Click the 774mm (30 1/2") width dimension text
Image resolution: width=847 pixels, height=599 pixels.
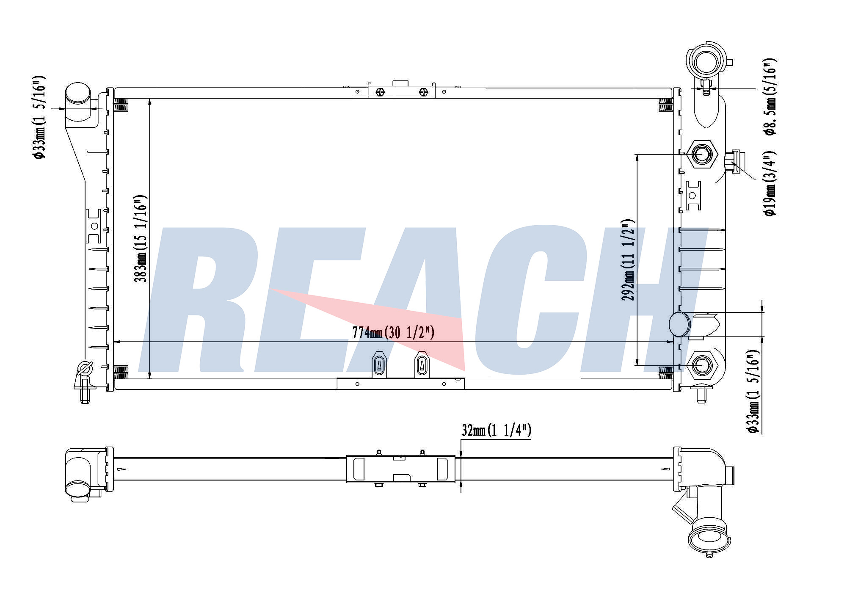click(x=393, y=333)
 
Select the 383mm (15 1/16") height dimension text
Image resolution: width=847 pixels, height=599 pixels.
click(x=141, y=239)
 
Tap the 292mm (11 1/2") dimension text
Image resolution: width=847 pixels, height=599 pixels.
click(x=628, y=260)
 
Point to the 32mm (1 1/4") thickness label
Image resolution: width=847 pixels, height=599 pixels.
click(x=496, y=431)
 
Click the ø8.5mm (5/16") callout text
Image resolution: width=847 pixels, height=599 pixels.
click(x=770, y=97)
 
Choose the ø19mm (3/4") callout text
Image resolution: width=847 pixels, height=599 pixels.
click(x=770, y=183)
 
